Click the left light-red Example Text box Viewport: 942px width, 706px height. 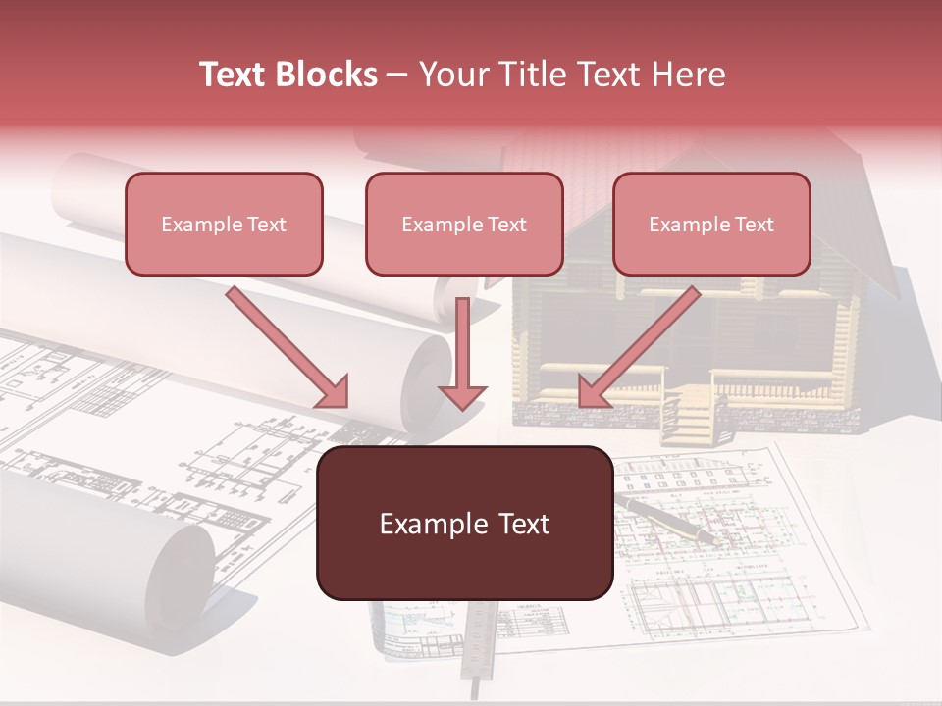point(224,224)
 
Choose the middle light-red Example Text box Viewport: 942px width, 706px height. point(464,224)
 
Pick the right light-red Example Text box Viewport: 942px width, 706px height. point(711,224)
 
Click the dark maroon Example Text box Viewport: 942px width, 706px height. point(464,523)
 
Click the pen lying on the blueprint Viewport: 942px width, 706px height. point(667,517)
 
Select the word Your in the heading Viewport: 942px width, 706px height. point(452,75)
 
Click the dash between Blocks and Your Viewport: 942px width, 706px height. point(398,75)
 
